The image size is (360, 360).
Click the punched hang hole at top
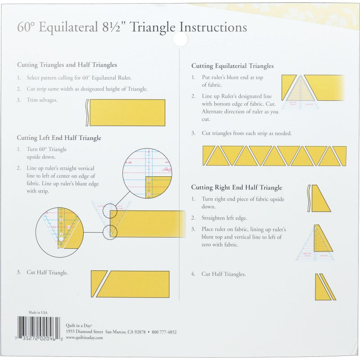pyautogui.click(x=180, y=40)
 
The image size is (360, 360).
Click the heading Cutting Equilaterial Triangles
pyautogui.click(x=232, y=66)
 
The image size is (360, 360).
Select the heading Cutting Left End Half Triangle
pyautogui.click(x=59, y=138)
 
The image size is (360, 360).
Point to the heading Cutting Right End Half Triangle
pyautogui.click(x=236, y=187)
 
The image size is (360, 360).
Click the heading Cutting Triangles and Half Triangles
pyautogui.click(x=67, y=65)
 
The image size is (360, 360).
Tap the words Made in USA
pyautogui.click(x=38, y=312)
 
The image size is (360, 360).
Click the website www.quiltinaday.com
pyautogui.click(x=85, y=337)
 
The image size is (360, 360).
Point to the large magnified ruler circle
pyautogui.click(x=147, y=173)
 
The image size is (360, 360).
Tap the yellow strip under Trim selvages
pyautogui.click(x=127, y=112)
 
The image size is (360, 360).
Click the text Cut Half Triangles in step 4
pyautogui.click(x=224, y=274)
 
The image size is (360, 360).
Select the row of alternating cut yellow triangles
pyautogui.click(x=274, y=156)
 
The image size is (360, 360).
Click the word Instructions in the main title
pyautogui.click(x=213, y=27)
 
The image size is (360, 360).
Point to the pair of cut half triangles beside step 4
pyautogui.click(x=325, y=287)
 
